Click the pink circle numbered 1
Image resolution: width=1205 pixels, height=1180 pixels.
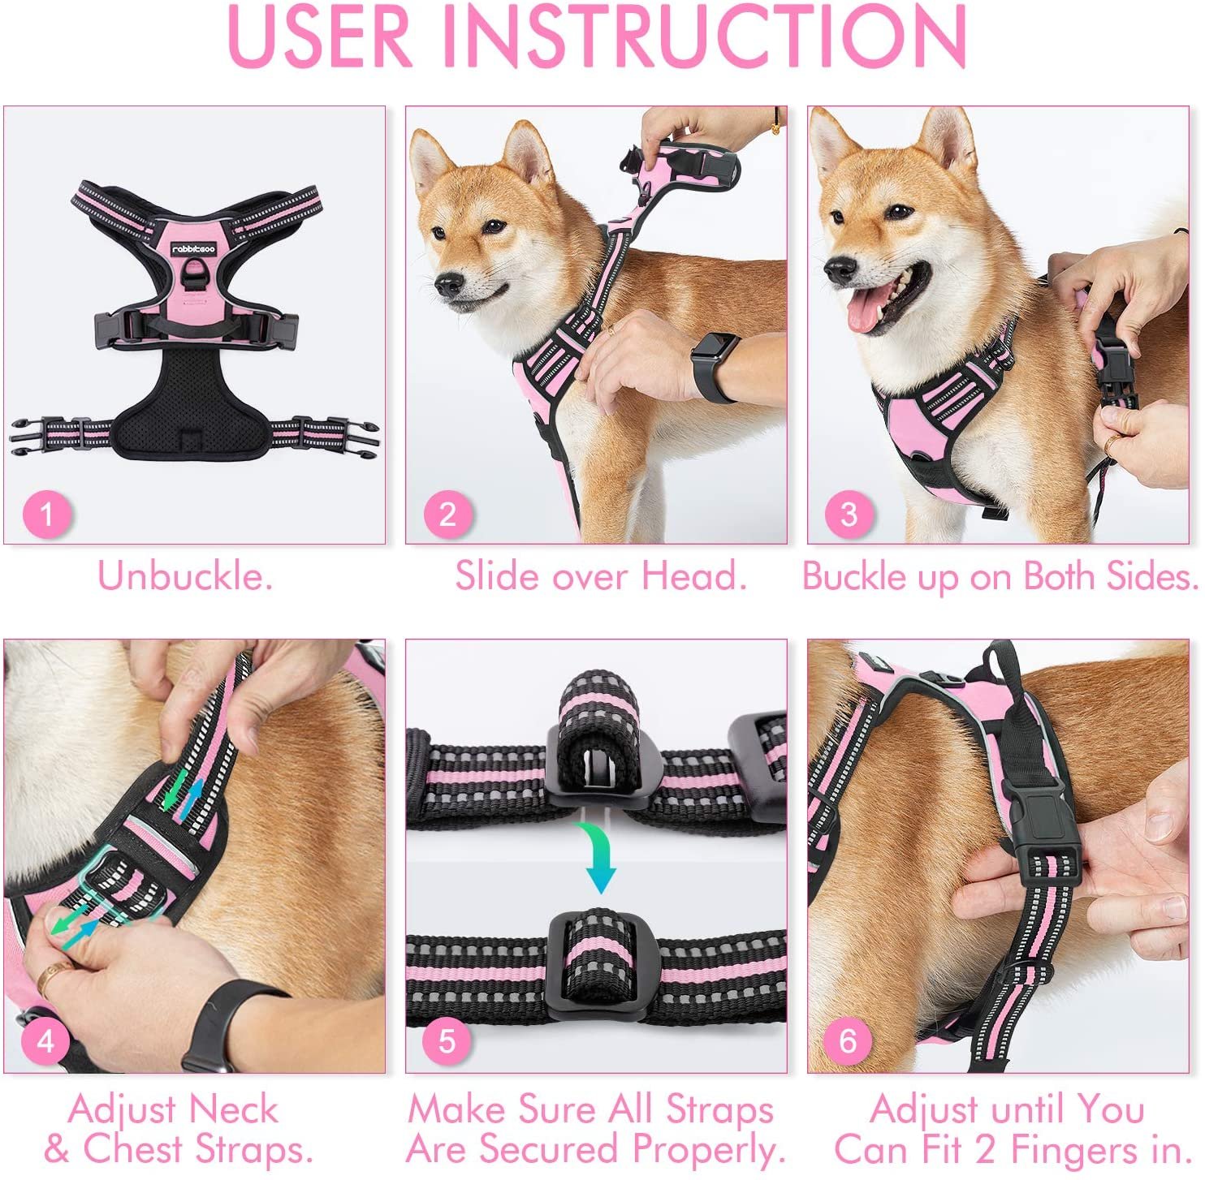pos(46,515)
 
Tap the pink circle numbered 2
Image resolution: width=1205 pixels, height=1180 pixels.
pos(447,515)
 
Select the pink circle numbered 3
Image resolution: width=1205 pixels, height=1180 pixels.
pos(849,515)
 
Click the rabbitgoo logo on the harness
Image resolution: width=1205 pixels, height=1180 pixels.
pos(193,249)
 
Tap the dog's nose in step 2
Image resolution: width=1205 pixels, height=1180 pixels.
pos(448,284)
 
